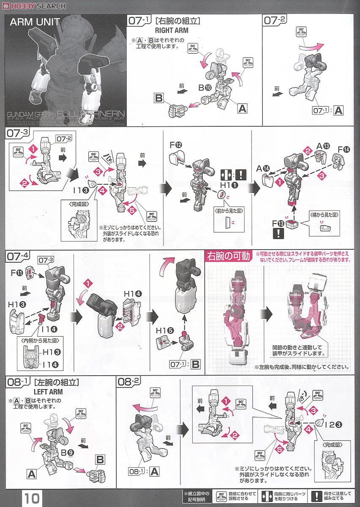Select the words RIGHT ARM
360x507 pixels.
tap(172, 30)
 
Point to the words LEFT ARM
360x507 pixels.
tap(48, 392)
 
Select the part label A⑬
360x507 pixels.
tap(323, 146)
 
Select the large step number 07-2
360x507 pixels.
tap(275, 19)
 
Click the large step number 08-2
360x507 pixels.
tap(130, 382)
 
